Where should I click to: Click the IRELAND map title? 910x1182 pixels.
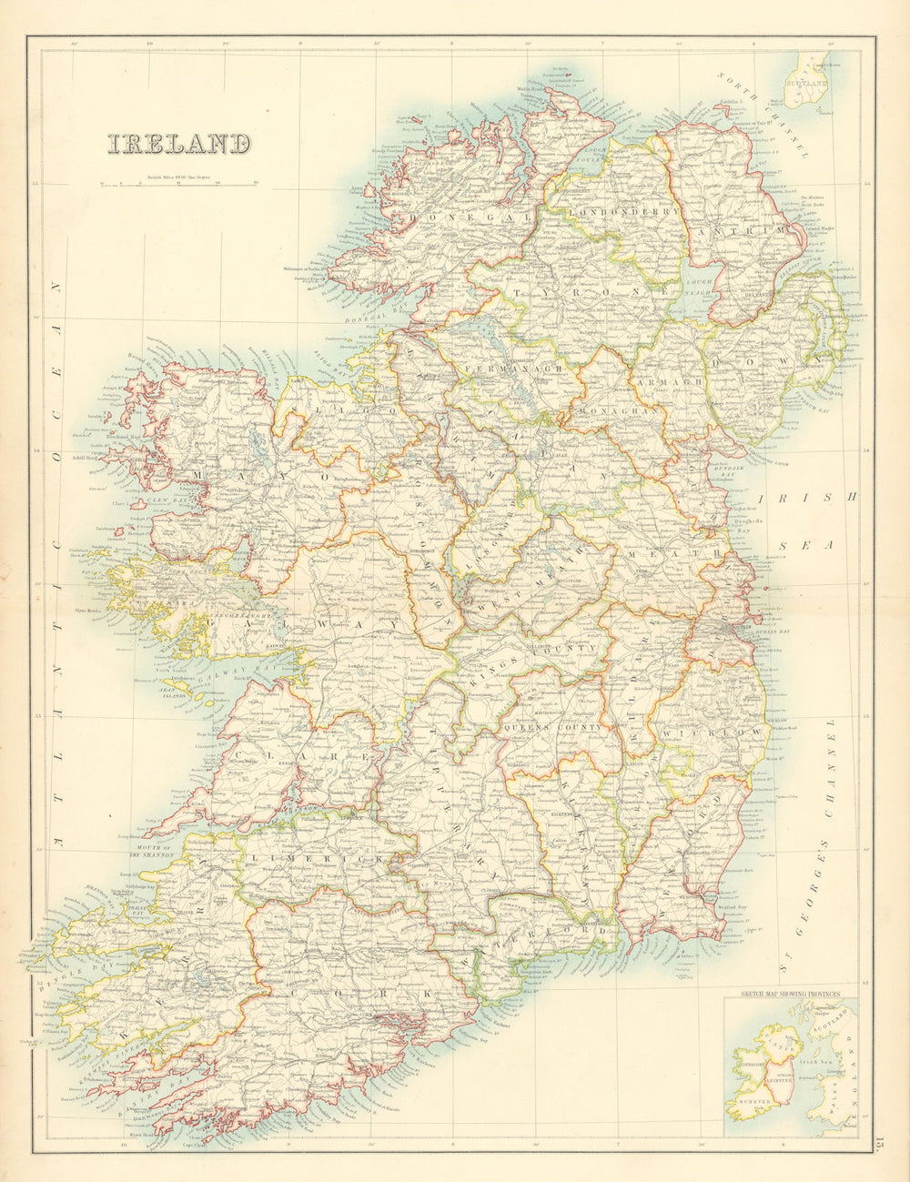pos(179,144)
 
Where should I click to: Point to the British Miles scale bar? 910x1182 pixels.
pos(180,184)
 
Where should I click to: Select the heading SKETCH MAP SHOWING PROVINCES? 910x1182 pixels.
pos(791,995)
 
